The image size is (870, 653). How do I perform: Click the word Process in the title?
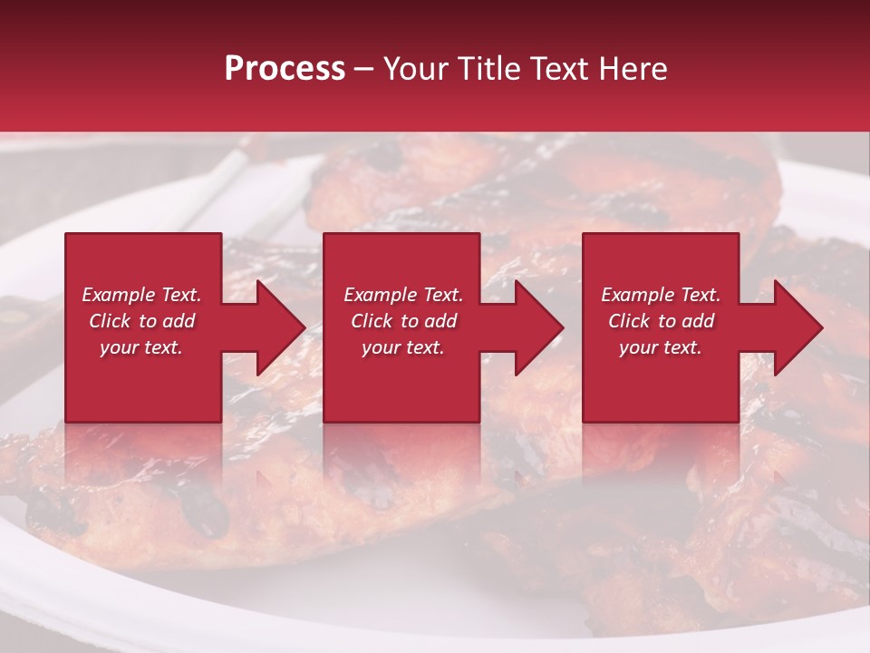coord(285,69)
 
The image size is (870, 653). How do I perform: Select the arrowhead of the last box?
coord(799,327)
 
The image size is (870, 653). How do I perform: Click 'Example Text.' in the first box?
coord(142,295)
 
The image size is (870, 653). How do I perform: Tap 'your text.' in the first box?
coord(142,347)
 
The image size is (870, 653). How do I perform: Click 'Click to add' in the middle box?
coord(403,321)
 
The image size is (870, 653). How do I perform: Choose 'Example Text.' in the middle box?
coord(403,295)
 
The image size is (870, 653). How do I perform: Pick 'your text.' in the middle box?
coord(403,347)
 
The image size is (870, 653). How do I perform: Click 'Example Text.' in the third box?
coord(661,295)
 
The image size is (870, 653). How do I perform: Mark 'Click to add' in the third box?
coord(661,321)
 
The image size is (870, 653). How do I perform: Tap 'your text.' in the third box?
coord(661,347)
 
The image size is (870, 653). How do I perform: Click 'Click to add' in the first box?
coord(142,321)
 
